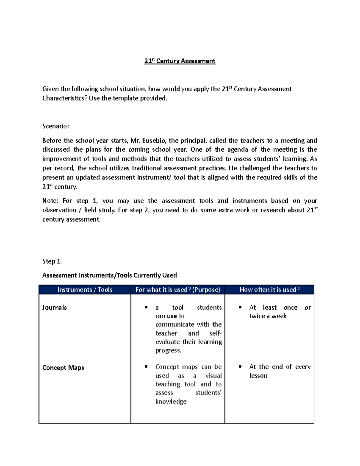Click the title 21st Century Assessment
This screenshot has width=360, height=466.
(x=180, y=61)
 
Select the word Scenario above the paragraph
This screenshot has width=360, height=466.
(x=55, y=126)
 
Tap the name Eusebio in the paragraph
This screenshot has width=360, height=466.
(x=154, y=141)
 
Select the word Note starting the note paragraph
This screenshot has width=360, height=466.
(x=50, y=201)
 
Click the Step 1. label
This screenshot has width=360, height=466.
(x=52, y=261)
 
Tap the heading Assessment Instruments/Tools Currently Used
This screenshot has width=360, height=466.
(x=109, y=275)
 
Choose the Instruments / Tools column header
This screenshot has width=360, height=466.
(x=85, y=290)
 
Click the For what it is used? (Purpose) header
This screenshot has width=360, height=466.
(x=178, y=290)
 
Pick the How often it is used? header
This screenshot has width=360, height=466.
(x=269, y=290)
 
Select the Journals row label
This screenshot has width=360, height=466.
(x=54, y=308)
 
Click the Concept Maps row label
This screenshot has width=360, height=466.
(x=63, y=368)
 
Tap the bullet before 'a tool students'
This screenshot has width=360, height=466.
(x=146, y=307)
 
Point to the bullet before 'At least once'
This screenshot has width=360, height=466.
(x=240, y=307)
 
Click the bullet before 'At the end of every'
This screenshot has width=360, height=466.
(x=240, y=367)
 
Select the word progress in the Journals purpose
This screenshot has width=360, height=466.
(x=168, y=350)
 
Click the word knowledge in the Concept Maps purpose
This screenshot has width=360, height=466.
(x=171, y=401)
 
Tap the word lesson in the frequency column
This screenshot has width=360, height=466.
(x=258, y=376)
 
